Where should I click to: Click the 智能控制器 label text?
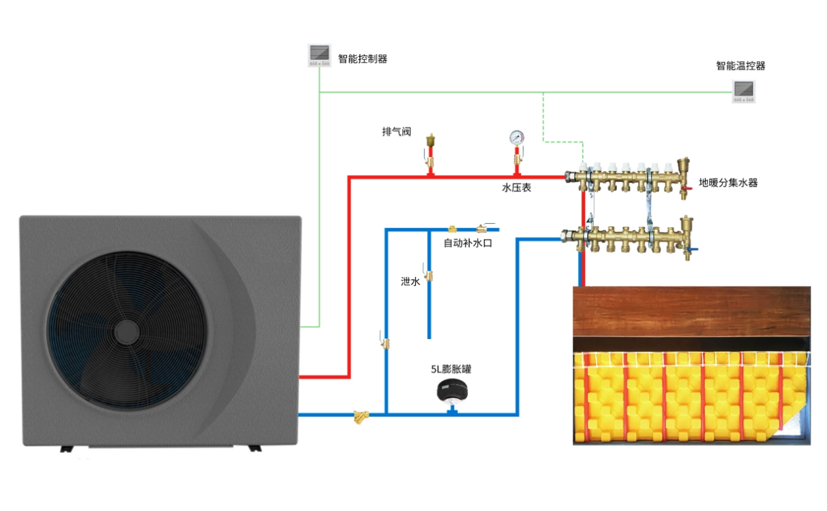click(x=363, y=59)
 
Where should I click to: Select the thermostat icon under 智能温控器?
click(x=744, y=91)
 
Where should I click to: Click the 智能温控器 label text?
click(x=740, y=66)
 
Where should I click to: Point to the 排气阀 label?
click(x=396, y=132)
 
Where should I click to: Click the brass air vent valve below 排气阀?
click(x=430, y=151)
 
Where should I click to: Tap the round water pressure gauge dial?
click(x=517, y=137)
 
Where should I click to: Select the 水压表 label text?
click(x=516, y=187)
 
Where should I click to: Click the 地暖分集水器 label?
click(x=728, y=183)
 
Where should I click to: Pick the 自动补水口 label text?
click(x=468, y=242)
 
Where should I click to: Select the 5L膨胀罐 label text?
click(x=451, y=369)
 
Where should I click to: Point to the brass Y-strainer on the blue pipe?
click(x=359, y=415)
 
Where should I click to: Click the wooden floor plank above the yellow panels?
click(x=691, y=310)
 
